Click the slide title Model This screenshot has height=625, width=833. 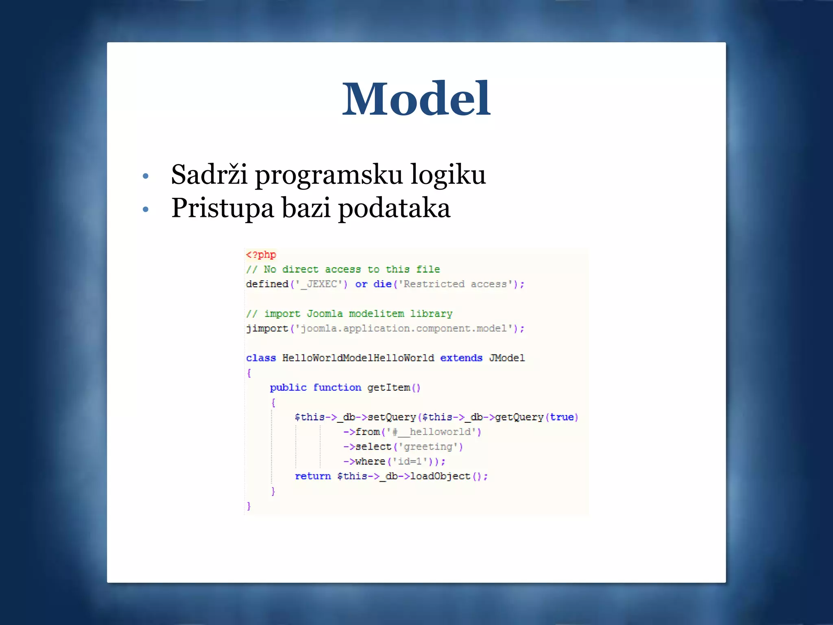click(x=416, y=99)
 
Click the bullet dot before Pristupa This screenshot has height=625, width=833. click(x=146, y=210)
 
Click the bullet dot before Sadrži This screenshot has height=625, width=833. click(x=146, y=177)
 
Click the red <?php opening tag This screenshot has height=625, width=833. click(x=261, y=255)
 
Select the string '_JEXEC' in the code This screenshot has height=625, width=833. click(x=319, y=284)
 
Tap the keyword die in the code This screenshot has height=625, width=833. click(x=382, y=284)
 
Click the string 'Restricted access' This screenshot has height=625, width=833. click(x=455, y=284)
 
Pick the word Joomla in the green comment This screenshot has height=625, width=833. click(x=325, y=314)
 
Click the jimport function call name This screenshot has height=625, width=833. click(x=267, y=328)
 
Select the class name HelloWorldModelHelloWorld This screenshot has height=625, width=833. click(x=358, y=358)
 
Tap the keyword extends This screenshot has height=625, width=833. click(x=461, y=358)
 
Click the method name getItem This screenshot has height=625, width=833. click(x=388, y=387)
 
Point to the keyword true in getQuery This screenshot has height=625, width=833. click(x=562, y=417)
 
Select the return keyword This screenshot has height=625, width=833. click(x=312, y=476)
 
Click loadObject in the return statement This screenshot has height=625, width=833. click(x=440, y=476)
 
